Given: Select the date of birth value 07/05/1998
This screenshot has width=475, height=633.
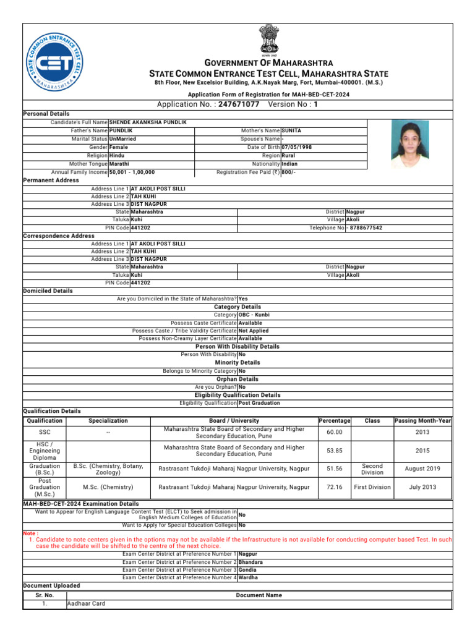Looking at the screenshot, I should (297, 148).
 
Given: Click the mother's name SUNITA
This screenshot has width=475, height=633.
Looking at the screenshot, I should (291, 131).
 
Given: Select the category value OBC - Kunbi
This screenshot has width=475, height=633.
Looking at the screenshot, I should (254, 315).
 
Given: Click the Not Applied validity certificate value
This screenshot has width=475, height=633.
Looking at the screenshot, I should (254, 331).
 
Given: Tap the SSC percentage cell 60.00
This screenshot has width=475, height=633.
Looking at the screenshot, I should (334, 432).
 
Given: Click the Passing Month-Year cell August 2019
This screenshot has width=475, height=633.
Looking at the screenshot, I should (422, 469).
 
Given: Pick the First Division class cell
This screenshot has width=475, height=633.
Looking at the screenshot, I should (372, 487).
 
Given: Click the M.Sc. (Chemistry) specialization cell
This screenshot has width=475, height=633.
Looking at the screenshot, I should (108, 487).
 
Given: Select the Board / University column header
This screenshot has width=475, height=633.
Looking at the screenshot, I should (234, 420).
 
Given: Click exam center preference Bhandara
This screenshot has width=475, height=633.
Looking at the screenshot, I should (250, 563).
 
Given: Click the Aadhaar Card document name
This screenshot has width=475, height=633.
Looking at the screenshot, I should (86, 603).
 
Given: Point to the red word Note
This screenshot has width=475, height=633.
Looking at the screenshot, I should (30, 533).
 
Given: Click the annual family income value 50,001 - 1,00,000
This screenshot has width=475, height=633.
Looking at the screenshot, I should (132, 172).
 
